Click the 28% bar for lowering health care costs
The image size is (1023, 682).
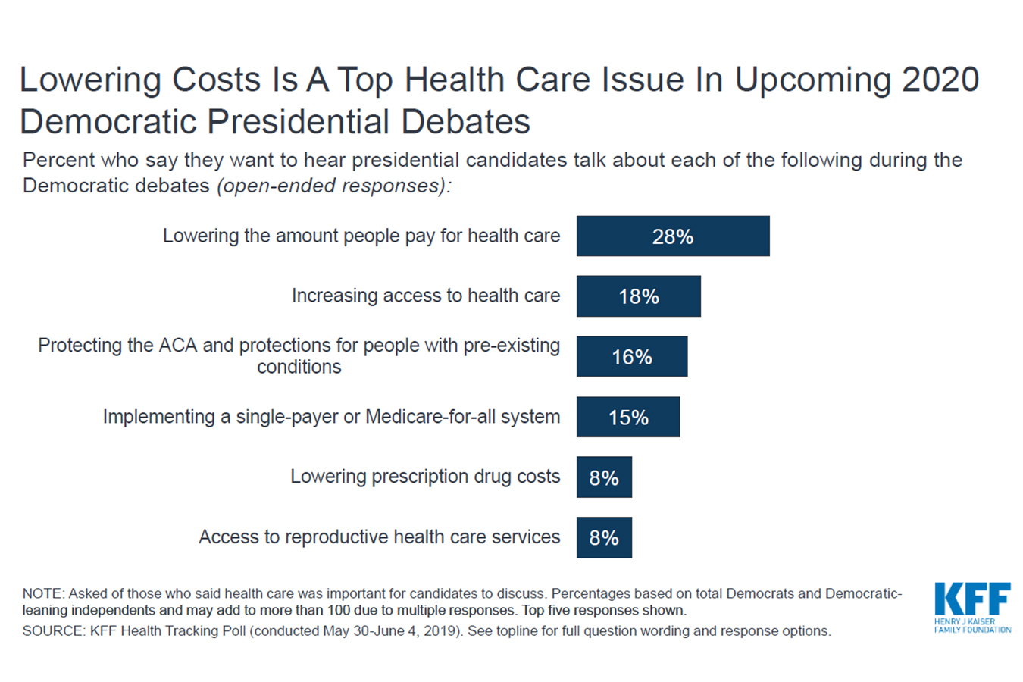pyautogui.click(x=673, y=236)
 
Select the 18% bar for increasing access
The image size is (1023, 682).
pyautogui.click(x=638, y=296)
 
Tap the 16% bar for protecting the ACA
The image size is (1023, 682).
pyautogui.click(x=631, y=357)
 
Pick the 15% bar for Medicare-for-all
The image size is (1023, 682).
pyautogui.click(x=627, y=417)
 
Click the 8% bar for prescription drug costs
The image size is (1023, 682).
pyautogui.click(x=604, y=477)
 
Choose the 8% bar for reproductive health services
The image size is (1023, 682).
pyautogui.click(x=604, y=537)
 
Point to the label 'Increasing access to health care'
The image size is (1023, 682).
pyautogui.click(x=426, y=296)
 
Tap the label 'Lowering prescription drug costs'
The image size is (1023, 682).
pyautogui.click(x=425, y=477)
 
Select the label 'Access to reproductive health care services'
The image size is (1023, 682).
pyautogui.click(x=379, y=537)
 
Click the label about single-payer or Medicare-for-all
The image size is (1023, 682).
pyautogui.click(x=331, y=417)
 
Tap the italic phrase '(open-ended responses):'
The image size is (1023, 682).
pyautogui.click(x=333, y=186)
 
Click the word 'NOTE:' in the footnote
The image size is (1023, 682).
pyautogui.click(x=43, y=594)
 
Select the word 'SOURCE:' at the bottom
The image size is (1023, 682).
pyautogui.click(x=53, y=631)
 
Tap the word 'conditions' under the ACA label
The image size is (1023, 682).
pyautogui.click(x=299, y=367)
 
